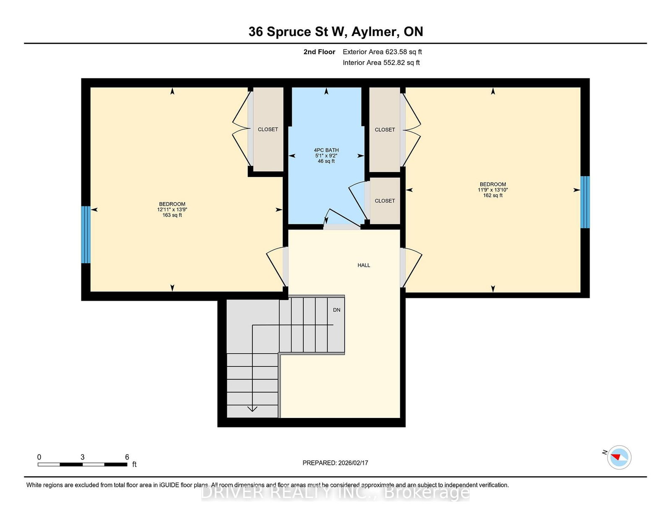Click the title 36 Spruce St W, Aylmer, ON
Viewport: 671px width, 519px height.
click(x=335, y=32)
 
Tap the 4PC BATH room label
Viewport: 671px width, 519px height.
click(x=326, y=150)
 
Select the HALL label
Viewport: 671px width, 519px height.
click(x=364, y=265)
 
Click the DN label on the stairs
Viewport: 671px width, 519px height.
click(x=337, y=310)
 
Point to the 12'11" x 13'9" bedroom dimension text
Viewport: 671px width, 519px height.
click(x=172, y=209)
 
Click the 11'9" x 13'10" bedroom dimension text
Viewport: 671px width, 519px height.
click(x=493, y=190)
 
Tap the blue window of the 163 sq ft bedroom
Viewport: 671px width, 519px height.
click(x=86, y=235)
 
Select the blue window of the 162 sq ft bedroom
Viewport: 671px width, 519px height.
click(x=585, y=202)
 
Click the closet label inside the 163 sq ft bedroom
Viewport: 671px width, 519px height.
click(x=268, y=130)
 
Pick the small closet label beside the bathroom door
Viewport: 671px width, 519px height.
click(x=385, y=201)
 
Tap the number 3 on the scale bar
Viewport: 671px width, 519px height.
click(x=83, y=457)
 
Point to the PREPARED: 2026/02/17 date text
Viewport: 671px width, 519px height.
click(x=335, y=463)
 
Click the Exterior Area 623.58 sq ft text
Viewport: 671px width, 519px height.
click(x=382, y=52)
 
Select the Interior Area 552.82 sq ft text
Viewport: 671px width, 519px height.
click(x=381, y=63)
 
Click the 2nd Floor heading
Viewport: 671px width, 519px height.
click(x=319, y=52)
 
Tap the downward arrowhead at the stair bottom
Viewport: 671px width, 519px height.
click(x=252, y=409)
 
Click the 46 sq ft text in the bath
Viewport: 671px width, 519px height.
click(x=326, y=161)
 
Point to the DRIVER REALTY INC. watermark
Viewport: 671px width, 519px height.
click(x=335, y=493)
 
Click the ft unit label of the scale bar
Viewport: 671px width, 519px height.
click(x=134, y=464)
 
